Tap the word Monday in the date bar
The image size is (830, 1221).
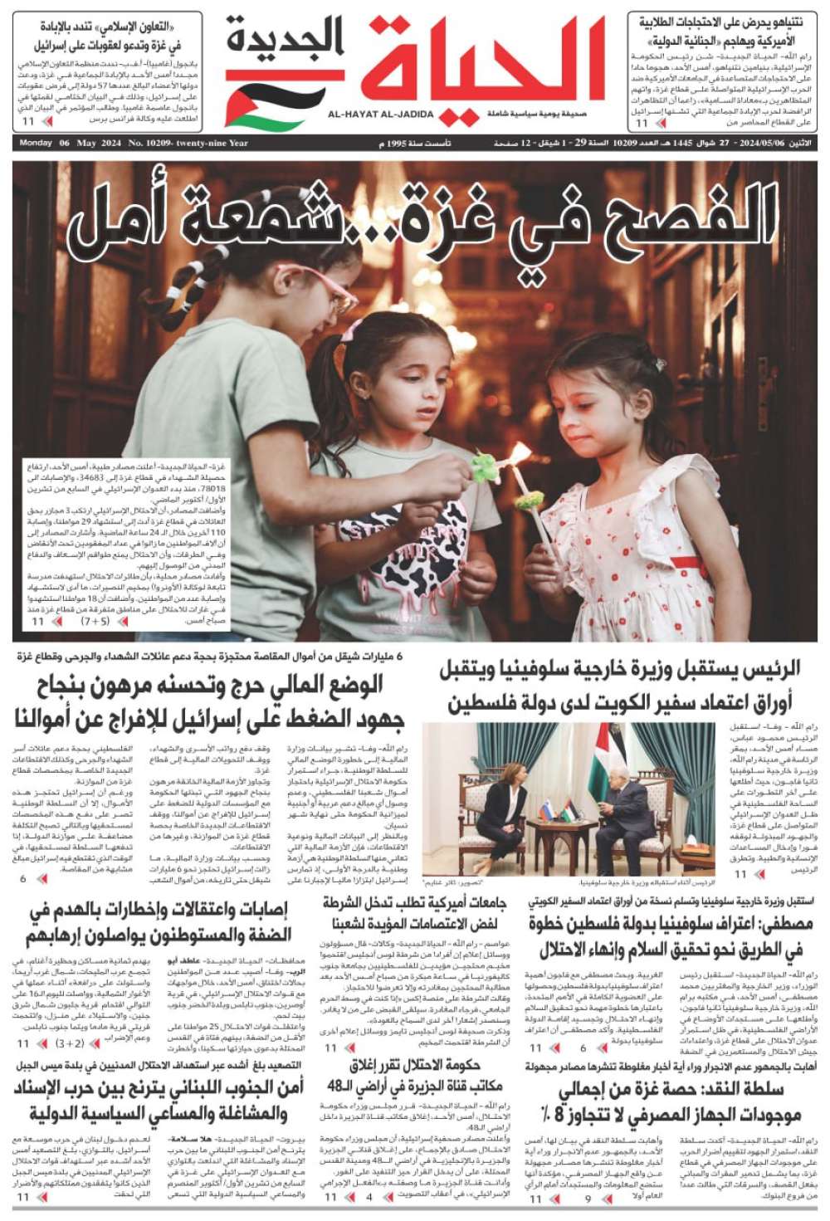tap(35, 144)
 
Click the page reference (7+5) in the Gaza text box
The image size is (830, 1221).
tap(95, 620)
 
